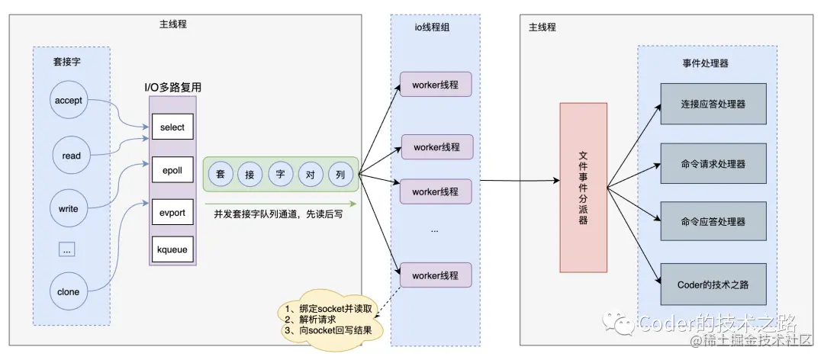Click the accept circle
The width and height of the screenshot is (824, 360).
[70, 101]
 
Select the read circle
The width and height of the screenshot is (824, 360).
[71, 156]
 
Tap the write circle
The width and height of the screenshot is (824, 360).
[69, 207]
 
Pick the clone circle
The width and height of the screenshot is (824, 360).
[69, 292]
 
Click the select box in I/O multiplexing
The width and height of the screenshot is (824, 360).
[172, 127]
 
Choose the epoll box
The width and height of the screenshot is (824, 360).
[172, 169]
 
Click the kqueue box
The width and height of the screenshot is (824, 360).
[172, 249]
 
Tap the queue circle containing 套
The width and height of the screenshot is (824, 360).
[220, 174]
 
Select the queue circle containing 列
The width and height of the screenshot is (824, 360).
[340, 174]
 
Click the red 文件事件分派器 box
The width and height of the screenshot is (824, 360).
[584, 188]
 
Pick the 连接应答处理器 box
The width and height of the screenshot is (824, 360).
[713, 104]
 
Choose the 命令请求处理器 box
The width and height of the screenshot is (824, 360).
[713, 163]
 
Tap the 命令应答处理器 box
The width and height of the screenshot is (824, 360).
[713, 222]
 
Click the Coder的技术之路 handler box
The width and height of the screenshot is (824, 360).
[713, 283]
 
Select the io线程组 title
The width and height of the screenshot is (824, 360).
[436, 30]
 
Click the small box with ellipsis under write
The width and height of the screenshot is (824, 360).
[66, 249]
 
